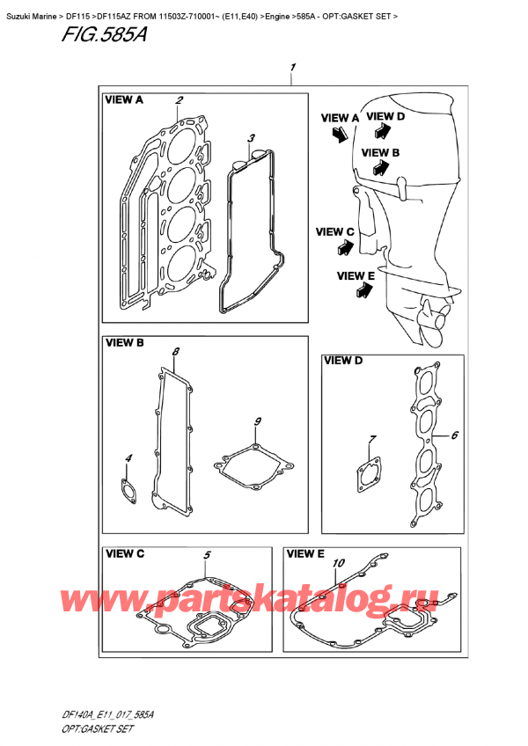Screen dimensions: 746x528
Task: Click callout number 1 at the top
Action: [x=292, y=67]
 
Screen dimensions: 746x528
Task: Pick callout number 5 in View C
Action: [x=208, y=555]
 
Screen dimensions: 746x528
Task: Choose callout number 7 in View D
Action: [x=372, y=439]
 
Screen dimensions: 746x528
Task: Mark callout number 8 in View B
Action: [x=176, y=352]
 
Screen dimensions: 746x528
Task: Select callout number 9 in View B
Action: [x=257, y=422]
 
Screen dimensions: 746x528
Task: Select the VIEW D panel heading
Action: [x=344, y=360]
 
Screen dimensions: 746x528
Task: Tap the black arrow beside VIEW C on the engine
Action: [x=341, y=249]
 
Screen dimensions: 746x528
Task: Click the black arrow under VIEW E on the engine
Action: [x=361, y=295]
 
